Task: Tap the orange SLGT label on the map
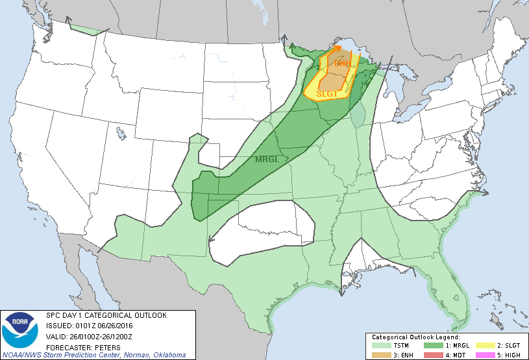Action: (x=326, y=94)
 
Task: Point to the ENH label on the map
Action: (x=343, y=64)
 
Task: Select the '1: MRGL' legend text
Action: (x=457, y=346)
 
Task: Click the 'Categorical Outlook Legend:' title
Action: (x=415, y=338)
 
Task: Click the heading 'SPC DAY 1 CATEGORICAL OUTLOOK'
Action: (x=106, y=315)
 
